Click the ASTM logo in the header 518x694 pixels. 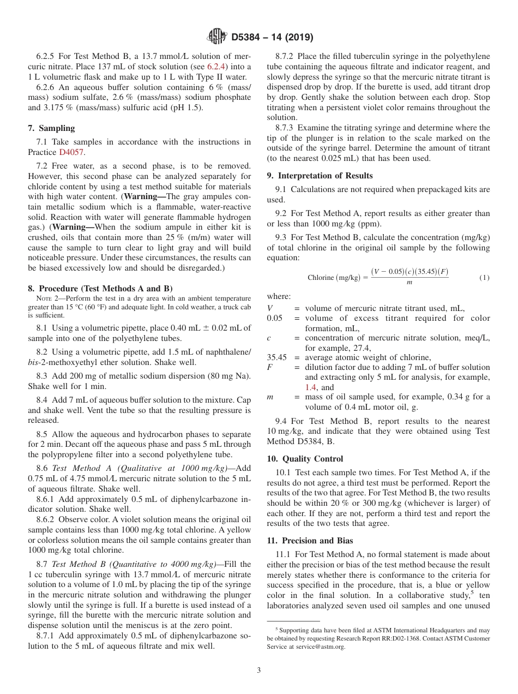pyautogui.click(x=217, y=37)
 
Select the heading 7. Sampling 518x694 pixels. pyautogui.click(x=51, y=128)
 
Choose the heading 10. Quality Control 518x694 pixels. pyautogui.click(x=305, y=459)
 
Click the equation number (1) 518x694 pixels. pyautogui.click(x=484, y=277)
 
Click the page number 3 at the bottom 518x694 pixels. pyautogui.click(x=259, y=670)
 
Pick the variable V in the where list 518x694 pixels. pyautogui.click(x=270, y=308)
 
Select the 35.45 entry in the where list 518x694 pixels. pyautogui.click(x=276, y=357)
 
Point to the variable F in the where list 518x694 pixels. pyautogui.click(x=269, y=367)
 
